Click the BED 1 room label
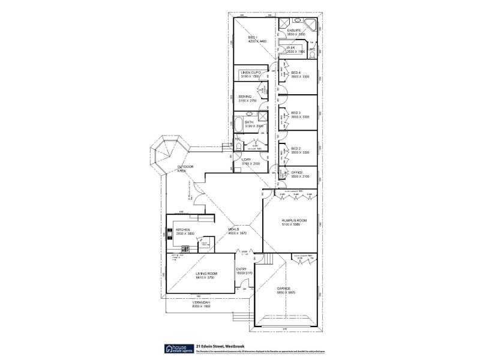coord(253,37)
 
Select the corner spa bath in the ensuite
coord(311,25)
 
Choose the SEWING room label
coord(245,97)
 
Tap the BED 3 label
coord(295,112)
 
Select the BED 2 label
coord(295,148)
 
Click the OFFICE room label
coord(297,173)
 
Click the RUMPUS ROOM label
coord(294,221)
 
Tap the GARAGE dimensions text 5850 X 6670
coord(286,293)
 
